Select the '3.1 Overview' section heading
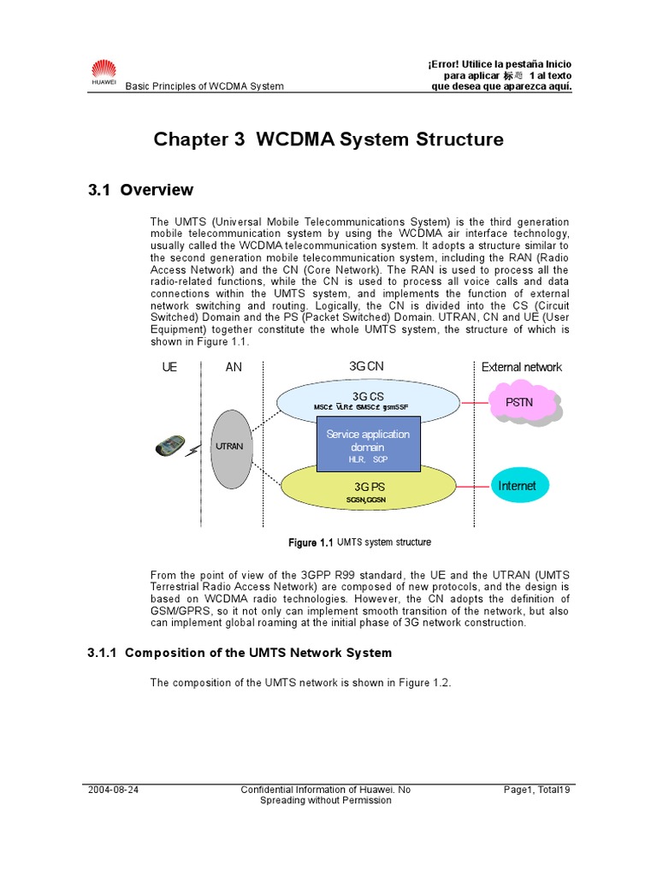(140, 190)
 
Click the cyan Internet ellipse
(517, 486)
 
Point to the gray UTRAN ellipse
(229, 447)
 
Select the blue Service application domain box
(368, 444)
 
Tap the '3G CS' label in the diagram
(368, 395)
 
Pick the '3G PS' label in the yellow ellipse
(368, 487)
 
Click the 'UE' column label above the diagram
(169, 367)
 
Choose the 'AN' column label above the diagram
(234, 367)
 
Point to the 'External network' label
(522, 367)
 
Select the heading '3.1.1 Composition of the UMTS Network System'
(240, 653)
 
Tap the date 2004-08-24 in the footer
(113, 790)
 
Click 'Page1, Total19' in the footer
(537, 790)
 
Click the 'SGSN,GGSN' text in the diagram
(368, 499)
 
